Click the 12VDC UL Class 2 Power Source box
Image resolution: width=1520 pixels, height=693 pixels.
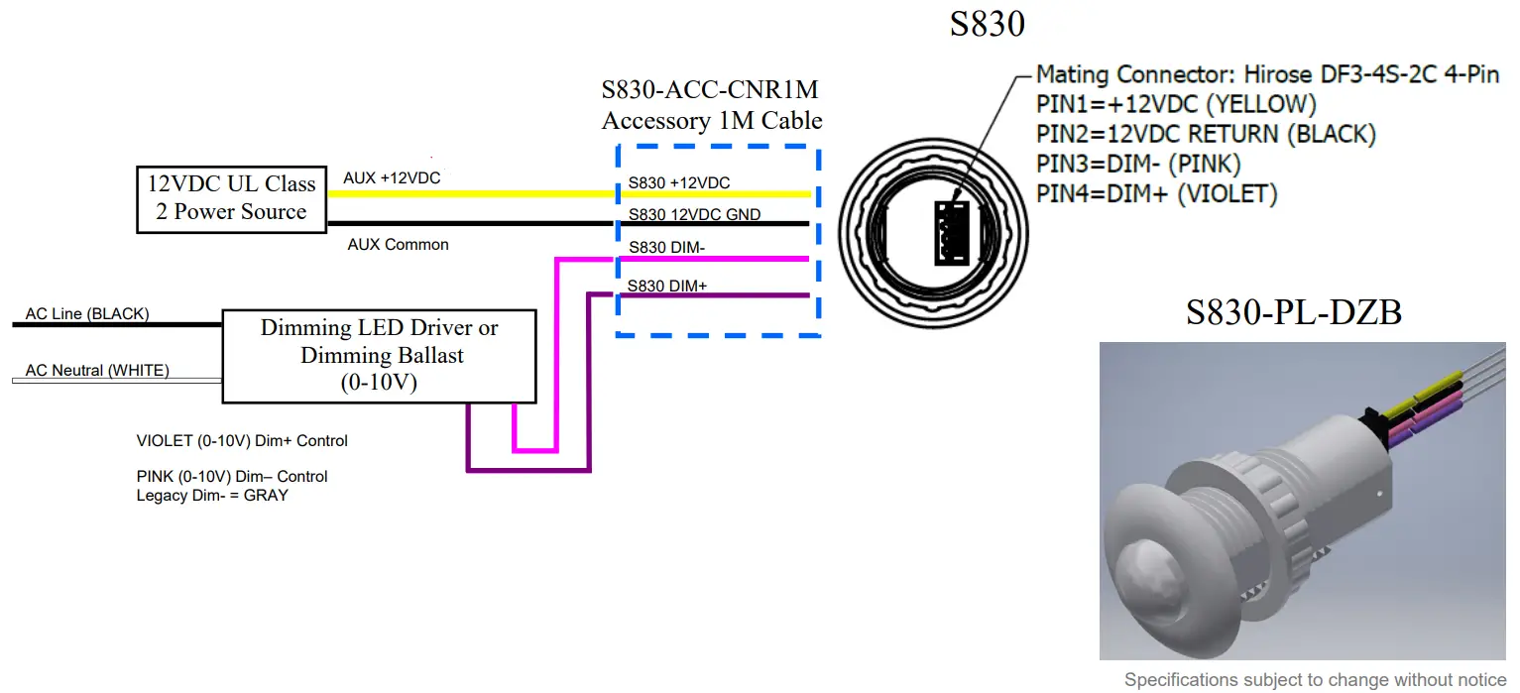click(x=231, y=198)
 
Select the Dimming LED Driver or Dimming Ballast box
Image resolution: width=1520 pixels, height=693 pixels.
click(x=379, y=356)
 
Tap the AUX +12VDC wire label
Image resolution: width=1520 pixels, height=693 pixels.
click(x=392, y=178)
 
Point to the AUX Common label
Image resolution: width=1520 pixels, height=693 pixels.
click(x=398, y=244)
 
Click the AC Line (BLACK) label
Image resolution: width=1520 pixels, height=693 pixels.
click(x=87, y=314)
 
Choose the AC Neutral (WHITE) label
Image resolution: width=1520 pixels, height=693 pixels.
click(x=97, y=371)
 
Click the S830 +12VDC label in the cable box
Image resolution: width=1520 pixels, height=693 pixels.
click(x=678, y=183)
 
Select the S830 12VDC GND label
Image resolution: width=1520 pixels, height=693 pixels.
click(x=694, y=214)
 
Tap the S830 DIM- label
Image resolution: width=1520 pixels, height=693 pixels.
click(x=667, y=248)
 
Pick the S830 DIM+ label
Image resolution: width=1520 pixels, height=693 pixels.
click(x=667, y=287)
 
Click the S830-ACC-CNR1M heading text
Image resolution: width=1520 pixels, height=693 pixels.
click(x=710, y=90)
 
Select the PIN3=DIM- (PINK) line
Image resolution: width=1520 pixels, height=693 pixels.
click(x=1138, y=164)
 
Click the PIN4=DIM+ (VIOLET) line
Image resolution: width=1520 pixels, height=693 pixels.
click(x=1156, y=193)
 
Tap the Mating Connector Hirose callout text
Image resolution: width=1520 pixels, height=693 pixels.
click(x=1267, y=74)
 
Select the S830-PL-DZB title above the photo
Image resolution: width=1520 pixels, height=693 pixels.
click(x=1293, y=312)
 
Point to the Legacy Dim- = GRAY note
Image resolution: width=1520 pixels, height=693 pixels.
click(x=212, y=495)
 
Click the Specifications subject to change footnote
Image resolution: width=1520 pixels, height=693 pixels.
click(x=1315, y=680)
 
